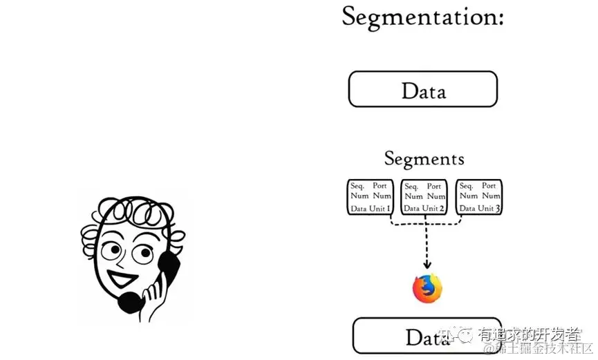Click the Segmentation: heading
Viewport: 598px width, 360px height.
(x=422, y=17)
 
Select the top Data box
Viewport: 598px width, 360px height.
(x=422, y=89)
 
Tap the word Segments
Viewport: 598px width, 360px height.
(x=424, y=159)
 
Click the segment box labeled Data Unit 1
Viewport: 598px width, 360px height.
(x=370, y=197)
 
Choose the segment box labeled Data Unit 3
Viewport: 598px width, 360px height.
(x=479, y=197)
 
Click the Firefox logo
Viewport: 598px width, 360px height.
(x=427, y=288)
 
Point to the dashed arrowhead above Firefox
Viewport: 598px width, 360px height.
(x=427, y=265)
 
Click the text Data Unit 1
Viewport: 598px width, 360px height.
(x=371, y=208)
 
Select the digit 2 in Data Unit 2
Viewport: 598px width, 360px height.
(x=442, y=208)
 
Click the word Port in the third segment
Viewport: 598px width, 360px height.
(x=489, y=186)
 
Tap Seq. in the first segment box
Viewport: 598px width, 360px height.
(x=357, y=186)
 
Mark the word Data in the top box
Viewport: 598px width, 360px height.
(x=423, y=91)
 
